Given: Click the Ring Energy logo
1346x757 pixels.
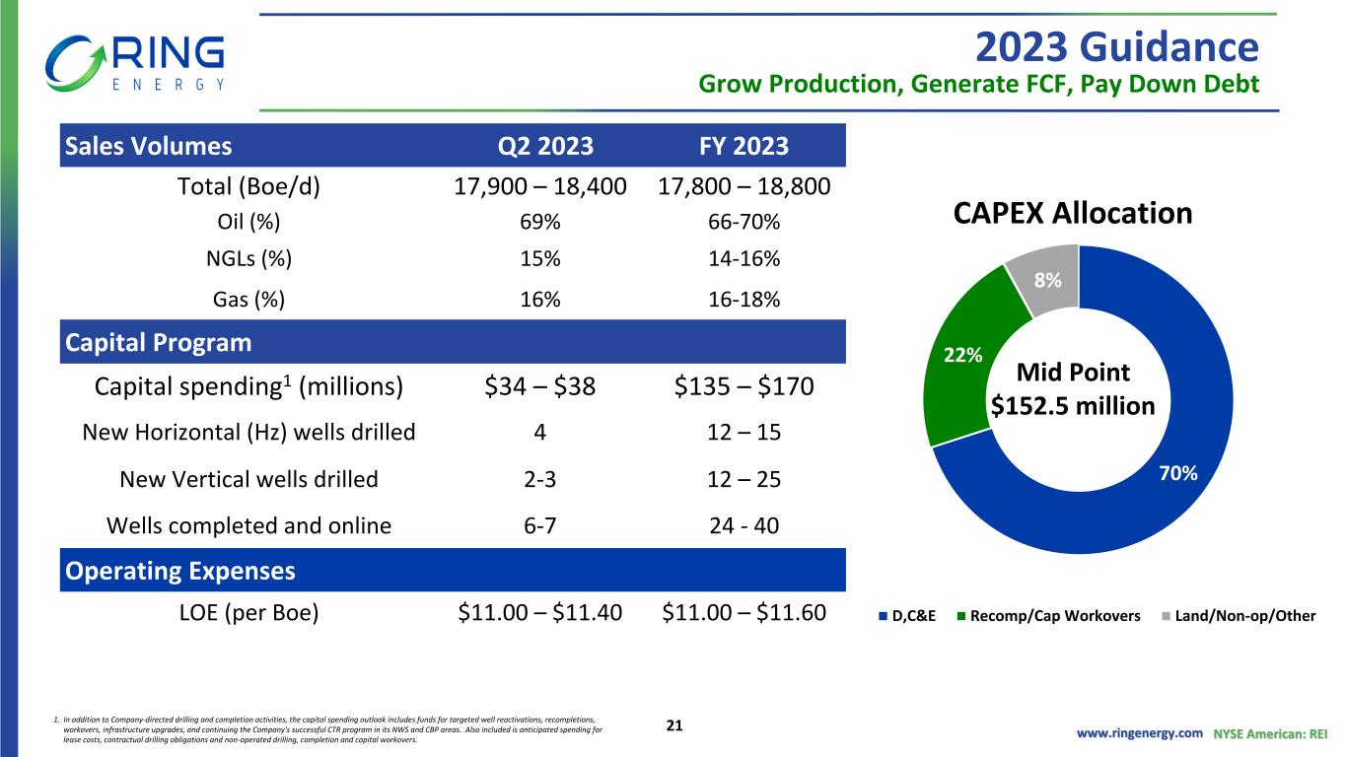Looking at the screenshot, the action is (x=135, y=63).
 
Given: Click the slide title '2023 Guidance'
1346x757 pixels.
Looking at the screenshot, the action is (x=1116, y=47).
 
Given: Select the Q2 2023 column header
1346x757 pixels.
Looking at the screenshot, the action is (x=545, y=146).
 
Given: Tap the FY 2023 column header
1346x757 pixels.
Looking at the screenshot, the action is (x=744, y=146).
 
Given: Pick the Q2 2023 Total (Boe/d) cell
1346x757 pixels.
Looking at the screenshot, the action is (x=539, y=186).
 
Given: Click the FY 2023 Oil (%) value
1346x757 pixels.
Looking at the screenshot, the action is (x=744, y=222).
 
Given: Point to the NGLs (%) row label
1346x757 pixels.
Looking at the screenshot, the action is (x=248, y=259).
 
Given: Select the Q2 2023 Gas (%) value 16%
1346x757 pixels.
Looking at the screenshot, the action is (x=539, y=300).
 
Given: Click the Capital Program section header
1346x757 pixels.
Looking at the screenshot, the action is (x=158, y=342).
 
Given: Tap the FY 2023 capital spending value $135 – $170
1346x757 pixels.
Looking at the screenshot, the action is (x=744, y=386).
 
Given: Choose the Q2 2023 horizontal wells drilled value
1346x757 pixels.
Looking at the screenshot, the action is (x=539, y=433).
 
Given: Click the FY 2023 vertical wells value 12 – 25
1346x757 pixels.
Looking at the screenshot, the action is (x=744, y=479).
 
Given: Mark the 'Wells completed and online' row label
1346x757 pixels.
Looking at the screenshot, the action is (x=248, y=525).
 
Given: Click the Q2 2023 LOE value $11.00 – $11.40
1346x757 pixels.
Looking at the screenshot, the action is (x=539, y=613).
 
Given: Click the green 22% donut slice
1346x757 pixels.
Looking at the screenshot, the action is (x=961, y=361).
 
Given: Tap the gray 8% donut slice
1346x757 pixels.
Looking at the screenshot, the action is (x=1048, y=279).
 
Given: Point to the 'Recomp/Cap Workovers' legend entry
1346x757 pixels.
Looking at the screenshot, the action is (x=1048, y=616).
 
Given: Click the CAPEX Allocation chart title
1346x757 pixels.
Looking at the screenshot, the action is (x=1073, y=213).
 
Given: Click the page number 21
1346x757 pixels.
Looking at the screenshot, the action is (x=674, y=725).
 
